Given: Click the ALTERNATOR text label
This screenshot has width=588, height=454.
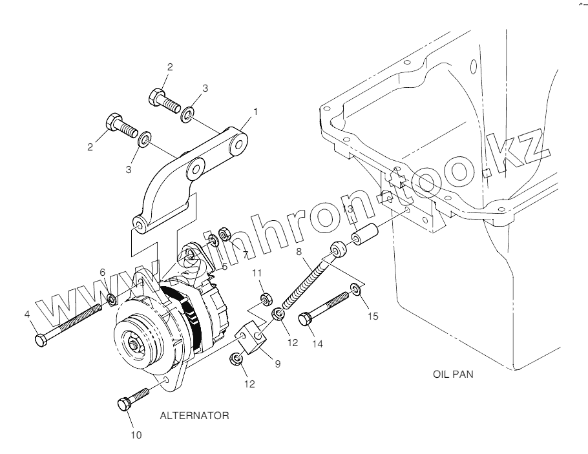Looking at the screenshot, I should point(194,416).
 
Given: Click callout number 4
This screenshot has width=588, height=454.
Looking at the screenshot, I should point(27,315).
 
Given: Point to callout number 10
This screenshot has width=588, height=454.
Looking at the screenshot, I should point(136,435).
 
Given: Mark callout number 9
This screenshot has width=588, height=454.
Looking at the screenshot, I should point(277,364).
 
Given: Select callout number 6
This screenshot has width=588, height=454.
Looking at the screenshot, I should point(102,273).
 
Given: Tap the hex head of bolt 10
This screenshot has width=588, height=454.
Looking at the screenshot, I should point(124,405).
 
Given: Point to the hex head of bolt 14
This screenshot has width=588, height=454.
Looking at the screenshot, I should point(305,318).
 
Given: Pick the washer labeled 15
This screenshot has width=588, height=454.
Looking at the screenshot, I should point(355,288).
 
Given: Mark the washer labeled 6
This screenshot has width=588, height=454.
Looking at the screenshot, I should point(111,299).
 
